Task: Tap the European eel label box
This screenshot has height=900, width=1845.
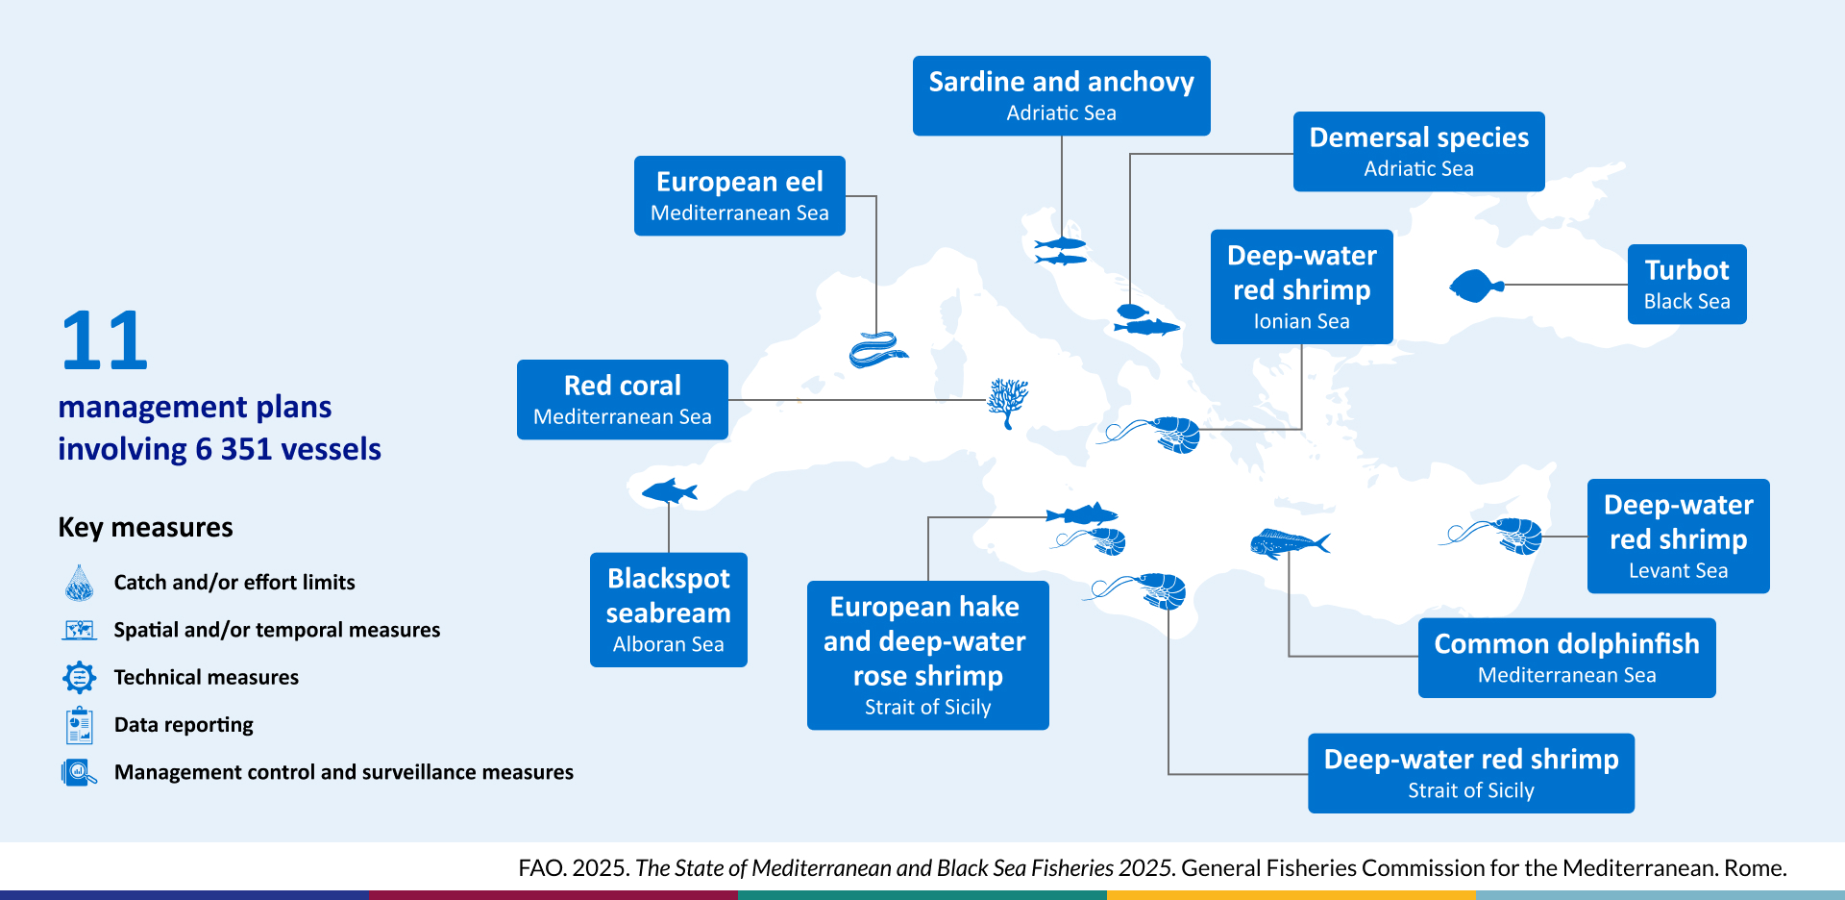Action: [739, 196]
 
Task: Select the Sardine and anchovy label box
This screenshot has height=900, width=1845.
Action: [1061, 95]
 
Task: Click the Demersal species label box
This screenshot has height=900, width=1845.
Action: [1418, 152]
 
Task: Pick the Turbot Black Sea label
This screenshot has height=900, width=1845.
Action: [1686, 285]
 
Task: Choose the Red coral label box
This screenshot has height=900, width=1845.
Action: [622, 400]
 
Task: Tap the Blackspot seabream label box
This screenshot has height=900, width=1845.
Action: [668, 610]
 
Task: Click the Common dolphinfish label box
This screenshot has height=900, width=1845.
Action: [1566, 658]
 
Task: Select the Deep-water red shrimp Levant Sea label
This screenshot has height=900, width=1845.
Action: [1678, 537]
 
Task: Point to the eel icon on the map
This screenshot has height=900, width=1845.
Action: [877, 350]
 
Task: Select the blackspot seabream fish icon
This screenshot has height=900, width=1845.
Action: [669, 492]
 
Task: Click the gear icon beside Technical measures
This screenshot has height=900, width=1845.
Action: [79, 677]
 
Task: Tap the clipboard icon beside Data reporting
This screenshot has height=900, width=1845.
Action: [79, 725]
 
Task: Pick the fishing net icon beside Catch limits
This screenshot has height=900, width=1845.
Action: [79, 583]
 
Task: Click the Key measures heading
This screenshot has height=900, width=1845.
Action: [145, 528]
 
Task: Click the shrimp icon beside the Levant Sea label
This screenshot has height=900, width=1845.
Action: [1494, 535]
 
